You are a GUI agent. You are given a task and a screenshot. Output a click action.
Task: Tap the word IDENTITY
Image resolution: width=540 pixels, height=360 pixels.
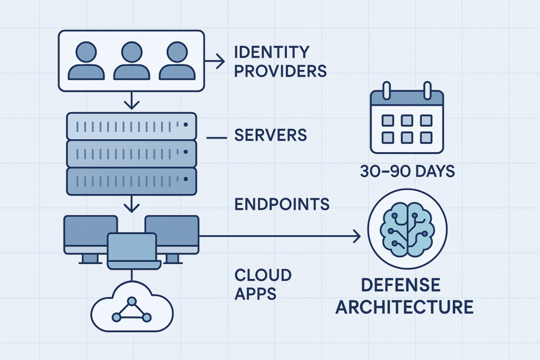click(271, 52)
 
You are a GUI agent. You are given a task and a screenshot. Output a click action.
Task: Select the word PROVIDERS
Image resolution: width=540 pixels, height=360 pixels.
click(280, 71)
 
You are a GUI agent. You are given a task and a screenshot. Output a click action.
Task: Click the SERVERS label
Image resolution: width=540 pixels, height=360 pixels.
click(271, 135)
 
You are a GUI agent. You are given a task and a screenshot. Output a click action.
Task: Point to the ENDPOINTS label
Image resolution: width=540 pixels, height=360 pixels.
click(282, 205)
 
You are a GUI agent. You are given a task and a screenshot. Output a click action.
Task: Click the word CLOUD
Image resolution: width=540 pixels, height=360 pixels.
click(262, 275)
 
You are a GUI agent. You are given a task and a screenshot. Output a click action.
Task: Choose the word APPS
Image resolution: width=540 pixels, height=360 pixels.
click(255, 293)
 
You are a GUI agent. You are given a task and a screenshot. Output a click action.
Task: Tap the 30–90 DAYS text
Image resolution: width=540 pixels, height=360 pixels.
click(404, 172)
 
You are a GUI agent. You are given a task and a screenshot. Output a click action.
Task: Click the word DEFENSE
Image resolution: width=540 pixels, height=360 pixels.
click(400, 285)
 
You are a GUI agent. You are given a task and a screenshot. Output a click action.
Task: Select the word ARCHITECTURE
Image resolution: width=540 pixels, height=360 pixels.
click(404, 307)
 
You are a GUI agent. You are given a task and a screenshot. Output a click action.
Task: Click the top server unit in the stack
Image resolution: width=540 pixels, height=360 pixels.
click(131, 125)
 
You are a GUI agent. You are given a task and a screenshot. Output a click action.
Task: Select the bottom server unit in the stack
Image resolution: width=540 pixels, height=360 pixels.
click(131, 181)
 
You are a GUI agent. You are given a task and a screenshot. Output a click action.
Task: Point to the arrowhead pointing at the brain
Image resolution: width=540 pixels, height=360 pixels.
click(357, 237)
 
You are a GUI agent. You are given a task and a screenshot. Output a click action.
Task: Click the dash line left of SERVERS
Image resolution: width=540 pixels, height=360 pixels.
click(217, 138)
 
